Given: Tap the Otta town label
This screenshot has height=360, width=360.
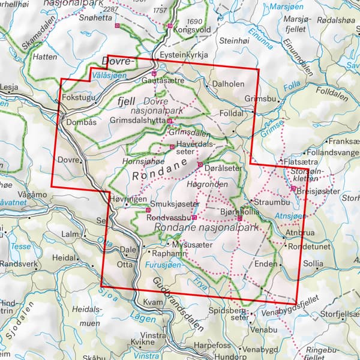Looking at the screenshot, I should click(x=124, y=263).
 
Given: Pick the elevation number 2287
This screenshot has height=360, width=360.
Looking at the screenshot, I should click(x=111, y=10).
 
